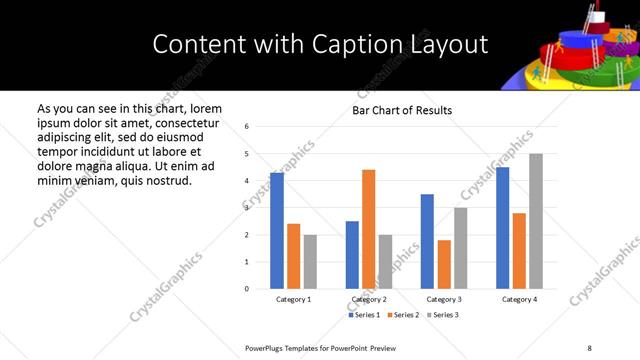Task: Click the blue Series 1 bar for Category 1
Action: click(x=277, y=231)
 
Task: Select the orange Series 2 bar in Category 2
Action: click(x=368, y=229)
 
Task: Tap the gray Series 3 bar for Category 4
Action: click(x=536, y=221)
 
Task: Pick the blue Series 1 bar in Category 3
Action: click(x=427, y=241)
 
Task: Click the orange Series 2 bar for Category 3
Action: click(x=444, y=264)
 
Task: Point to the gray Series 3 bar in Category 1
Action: click(x=310, y=261)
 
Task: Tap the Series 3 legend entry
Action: click(x=443, y=315)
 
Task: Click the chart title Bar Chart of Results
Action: click(x=402, y=110)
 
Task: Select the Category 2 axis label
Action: click(x=369, y=299)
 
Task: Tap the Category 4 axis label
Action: click(x=519, y=299)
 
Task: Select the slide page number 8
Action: click(x=589, y=346)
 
